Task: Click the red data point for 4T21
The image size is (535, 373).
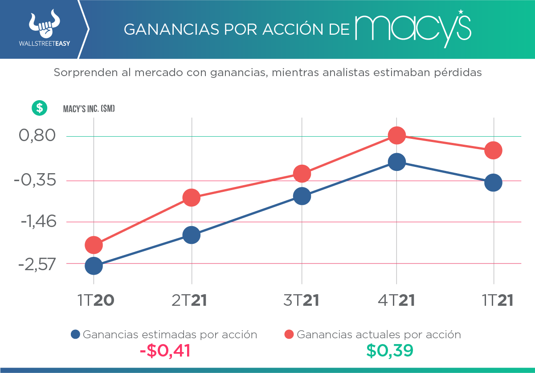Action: [x=396, y=135]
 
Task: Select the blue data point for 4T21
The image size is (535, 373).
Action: [x=396, y=162]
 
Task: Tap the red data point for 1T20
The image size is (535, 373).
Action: [x=94, y=244]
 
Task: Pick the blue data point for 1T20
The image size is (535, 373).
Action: [x=94, y=266]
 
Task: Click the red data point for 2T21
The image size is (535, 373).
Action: [x=192, y=197]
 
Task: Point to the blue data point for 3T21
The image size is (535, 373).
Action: [x=302, y=196]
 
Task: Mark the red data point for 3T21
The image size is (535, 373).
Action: [x=302, y=174]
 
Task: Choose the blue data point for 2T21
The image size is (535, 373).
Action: [x=192, y=235]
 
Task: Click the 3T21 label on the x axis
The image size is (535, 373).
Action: [x=302, y=300]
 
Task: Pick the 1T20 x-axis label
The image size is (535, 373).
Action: [x=96, y=300]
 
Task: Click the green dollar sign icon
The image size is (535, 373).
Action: [x=39, y=108]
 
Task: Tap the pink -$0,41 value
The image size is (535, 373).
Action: [x=165, y=351]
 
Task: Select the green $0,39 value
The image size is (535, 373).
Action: [x=390, y=351]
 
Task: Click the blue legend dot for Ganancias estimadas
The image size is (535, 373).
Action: [x=75, y=334]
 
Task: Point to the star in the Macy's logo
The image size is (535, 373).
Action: [x=461, y=11]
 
